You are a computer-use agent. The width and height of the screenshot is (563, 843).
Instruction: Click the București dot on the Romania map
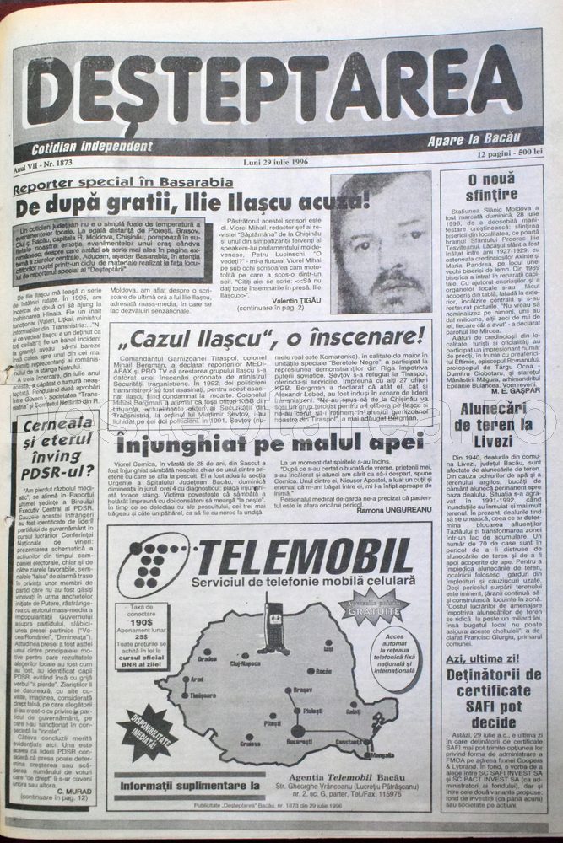297,730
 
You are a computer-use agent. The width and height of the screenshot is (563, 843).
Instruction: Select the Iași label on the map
328,648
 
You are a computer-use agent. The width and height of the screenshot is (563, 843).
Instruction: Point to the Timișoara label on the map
203,696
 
